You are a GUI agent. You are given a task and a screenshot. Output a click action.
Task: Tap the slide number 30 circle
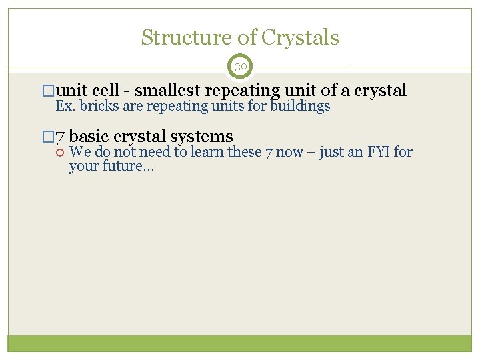click(x=240, y=67)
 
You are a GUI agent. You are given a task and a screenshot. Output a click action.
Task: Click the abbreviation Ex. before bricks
click(x=65, y=107)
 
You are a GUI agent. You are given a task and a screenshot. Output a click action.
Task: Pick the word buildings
click(x=300, y=107)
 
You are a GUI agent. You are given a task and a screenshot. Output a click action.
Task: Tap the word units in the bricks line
click(x=226, y=107)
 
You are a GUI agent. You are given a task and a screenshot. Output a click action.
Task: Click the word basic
click(x=89, y=137)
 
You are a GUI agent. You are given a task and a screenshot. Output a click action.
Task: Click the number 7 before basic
click(x=59, y=137)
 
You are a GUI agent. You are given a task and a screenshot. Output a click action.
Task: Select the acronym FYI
click(x=377, y=152)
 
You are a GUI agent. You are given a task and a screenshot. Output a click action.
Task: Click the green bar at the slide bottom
click(x=240, y=343)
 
